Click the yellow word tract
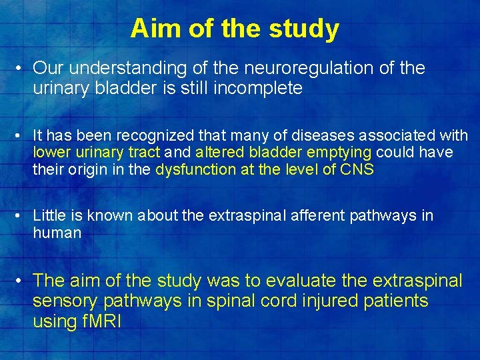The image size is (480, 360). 141,153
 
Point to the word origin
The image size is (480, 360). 103,169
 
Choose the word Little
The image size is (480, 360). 48,215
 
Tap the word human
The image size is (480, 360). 57,233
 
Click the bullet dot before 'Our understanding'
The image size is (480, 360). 22,69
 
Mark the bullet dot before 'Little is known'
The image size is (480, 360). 22,216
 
